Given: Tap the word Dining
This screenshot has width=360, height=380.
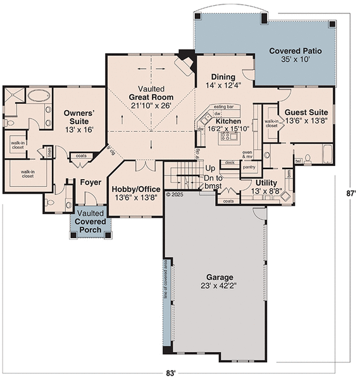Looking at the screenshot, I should point(223,77).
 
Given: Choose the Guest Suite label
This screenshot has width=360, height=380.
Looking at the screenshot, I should point(306,112).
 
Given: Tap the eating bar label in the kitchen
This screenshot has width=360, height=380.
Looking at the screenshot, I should point(224,106).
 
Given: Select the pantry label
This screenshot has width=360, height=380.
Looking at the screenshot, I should point(249,167).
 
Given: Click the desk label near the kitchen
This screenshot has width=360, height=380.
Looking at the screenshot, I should point(230,162).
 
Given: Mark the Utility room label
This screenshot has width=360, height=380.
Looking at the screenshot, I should point(266,182).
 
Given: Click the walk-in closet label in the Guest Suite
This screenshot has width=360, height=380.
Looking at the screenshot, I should point(271,123).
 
